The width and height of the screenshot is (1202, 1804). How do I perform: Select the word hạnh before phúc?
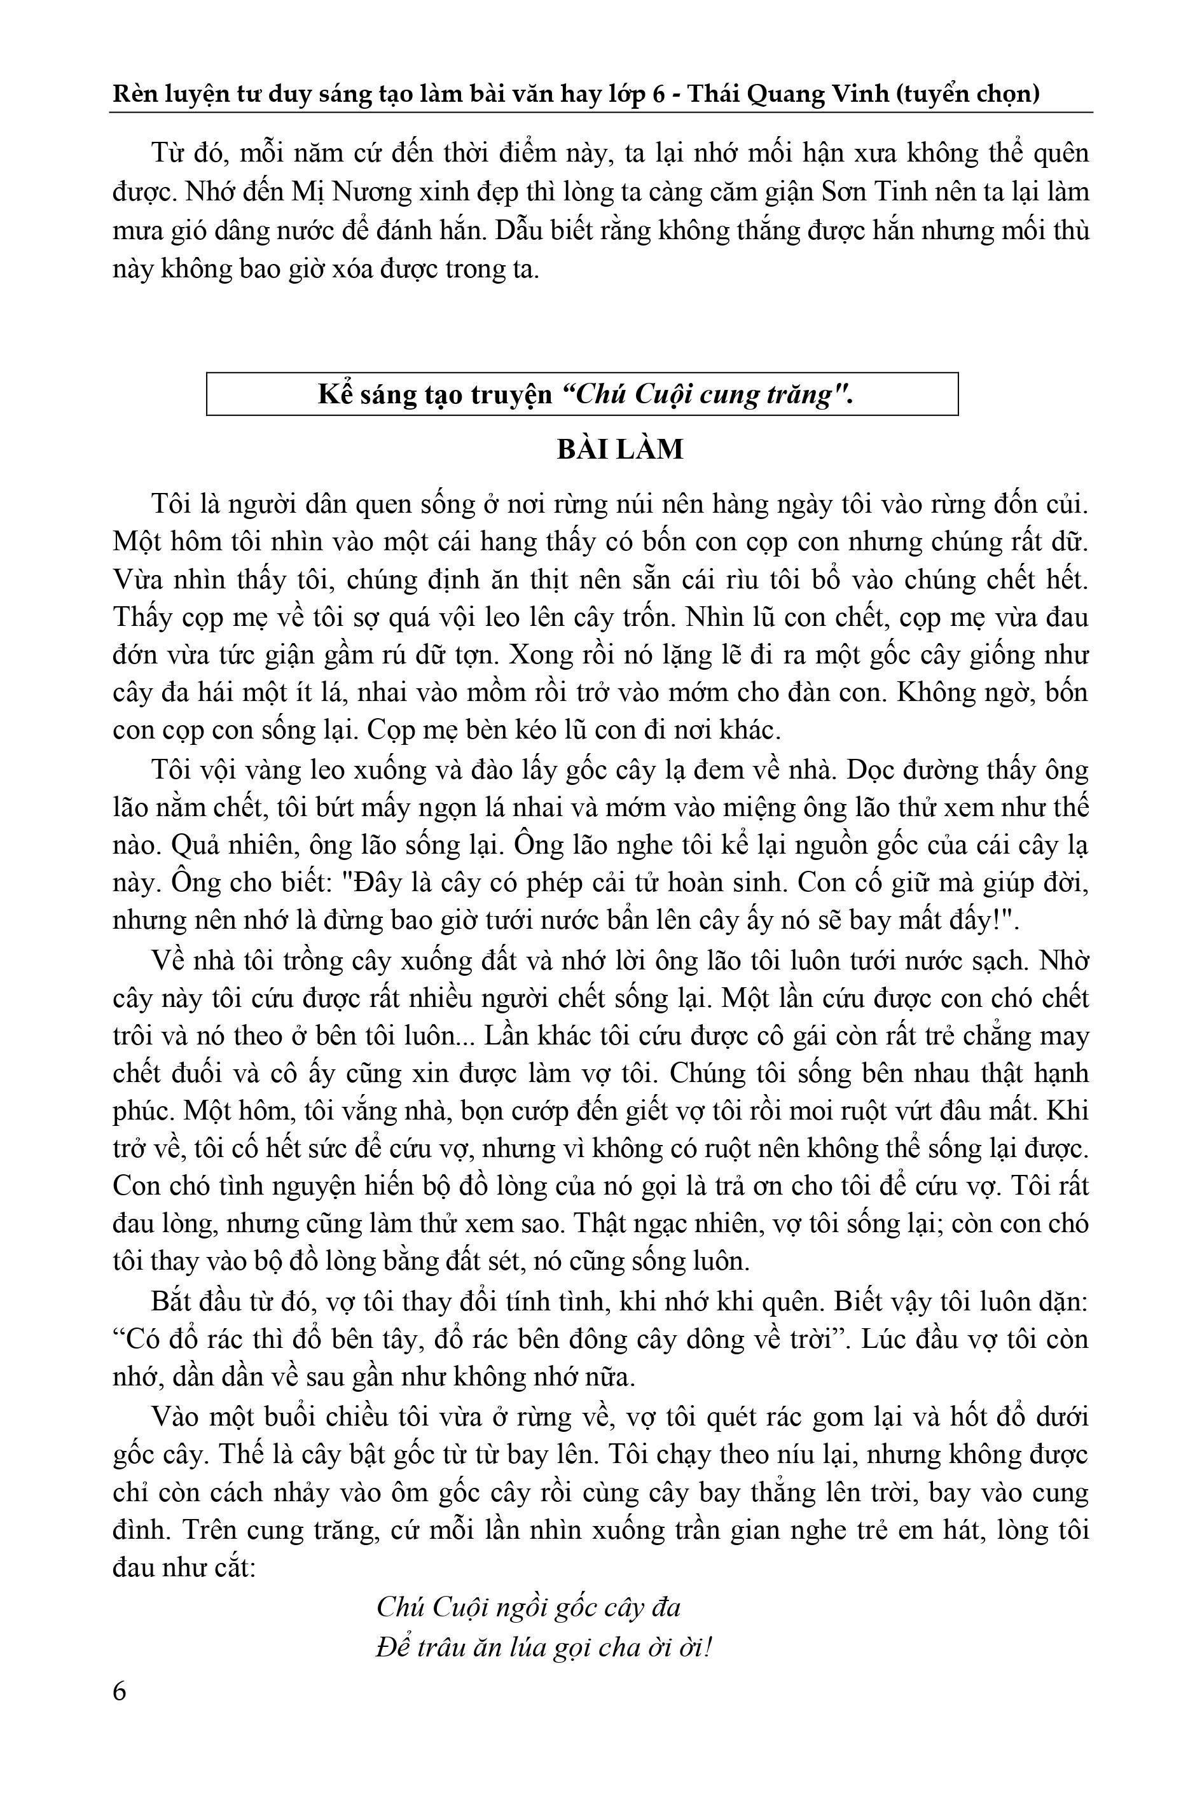click(x=1056, y=1072)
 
